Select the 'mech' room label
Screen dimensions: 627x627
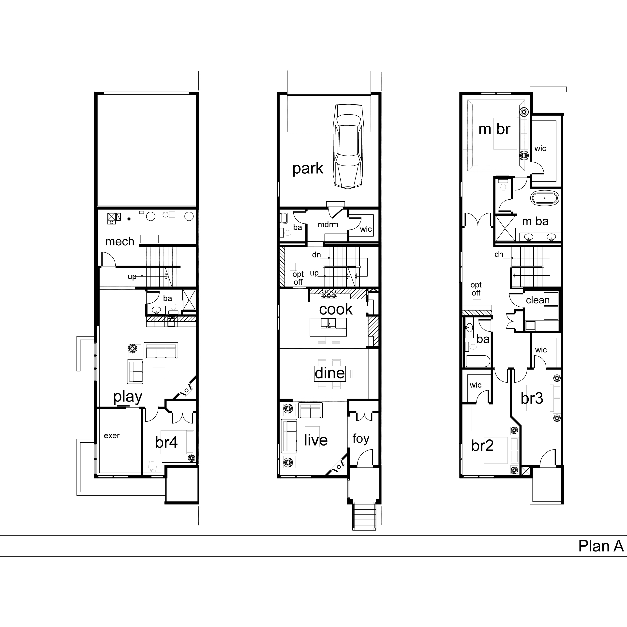tap(119, 241)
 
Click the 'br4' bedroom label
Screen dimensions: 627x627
tap(166, 442)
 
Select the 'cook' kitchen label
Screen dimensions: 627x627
tap(336, 309)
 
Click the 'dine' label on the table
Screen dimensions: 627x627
tap(330, 373)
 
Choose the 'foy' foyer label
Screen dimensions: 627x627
tap(361, 439)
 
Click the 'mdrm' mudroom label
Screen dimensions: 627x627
tap(328, 224)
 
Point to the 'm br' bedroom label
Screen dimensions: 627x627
tap(494, 129)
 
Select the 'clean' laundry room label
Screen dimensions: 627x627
tap(538, 300)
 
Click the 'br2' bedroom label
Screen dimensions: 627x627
tap(482, 446)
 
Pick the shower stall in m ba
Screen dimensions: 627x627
tap(505, 228)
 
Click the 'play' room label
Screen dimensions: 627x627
tap(128, 397)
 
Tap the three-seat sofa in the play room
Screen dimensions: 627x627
tap(161, 350)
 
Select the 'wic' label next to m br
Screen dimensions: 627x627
tap(540, 149)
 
